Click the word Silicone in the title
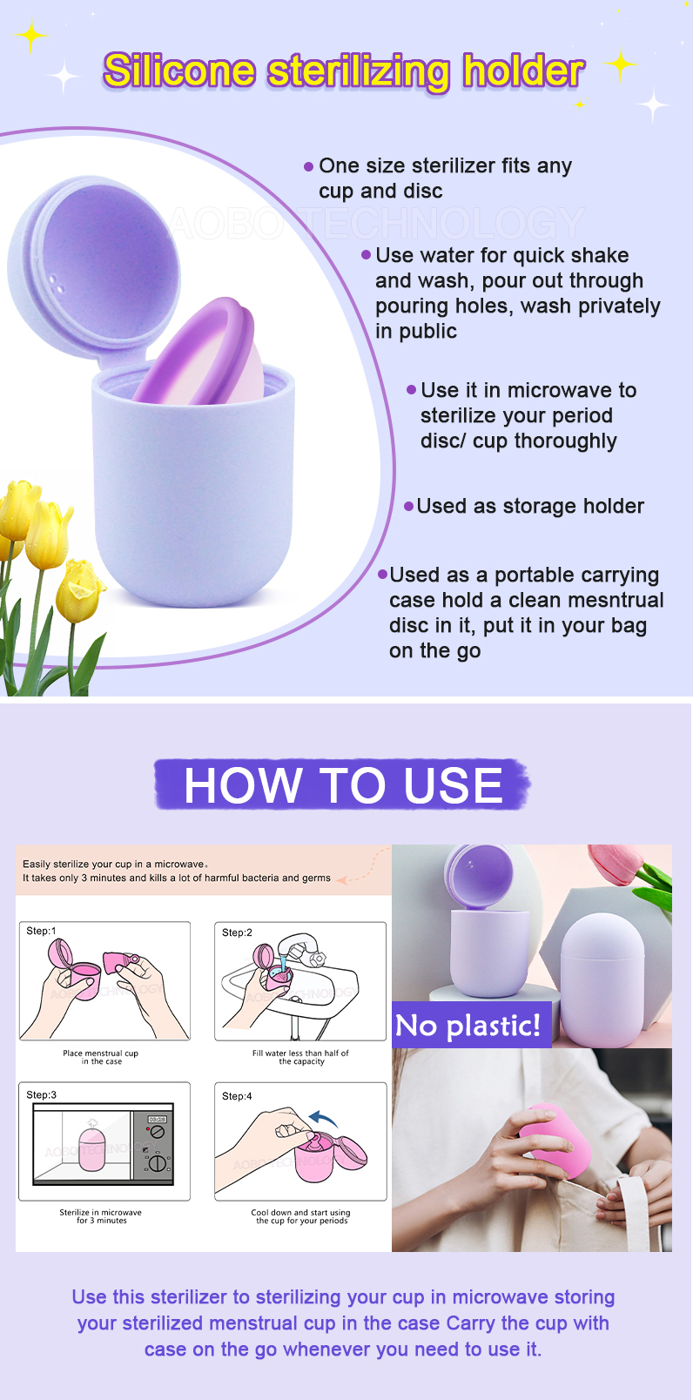click(x=178, y=71)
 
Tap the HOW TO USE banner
click(x=343, y=784)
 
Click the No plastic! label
click(x=468, y=1026)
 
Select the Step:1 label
click(x=41, y=931)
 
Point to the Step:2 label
click(x=237, y=932)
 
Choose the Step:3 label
click(x=41, y=1094)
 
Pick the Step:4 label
click(x=237, y=1096)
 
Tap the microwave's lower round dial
click(x=158, y=1162)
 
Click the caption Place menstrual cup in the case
click(x=101, y=1057)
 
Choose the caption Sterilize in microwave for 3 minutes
click(x=101, y=1216)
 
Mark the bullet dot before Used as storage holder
click(x=409, y=506)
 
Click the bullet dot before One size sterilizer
click(x=308, y=166)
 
